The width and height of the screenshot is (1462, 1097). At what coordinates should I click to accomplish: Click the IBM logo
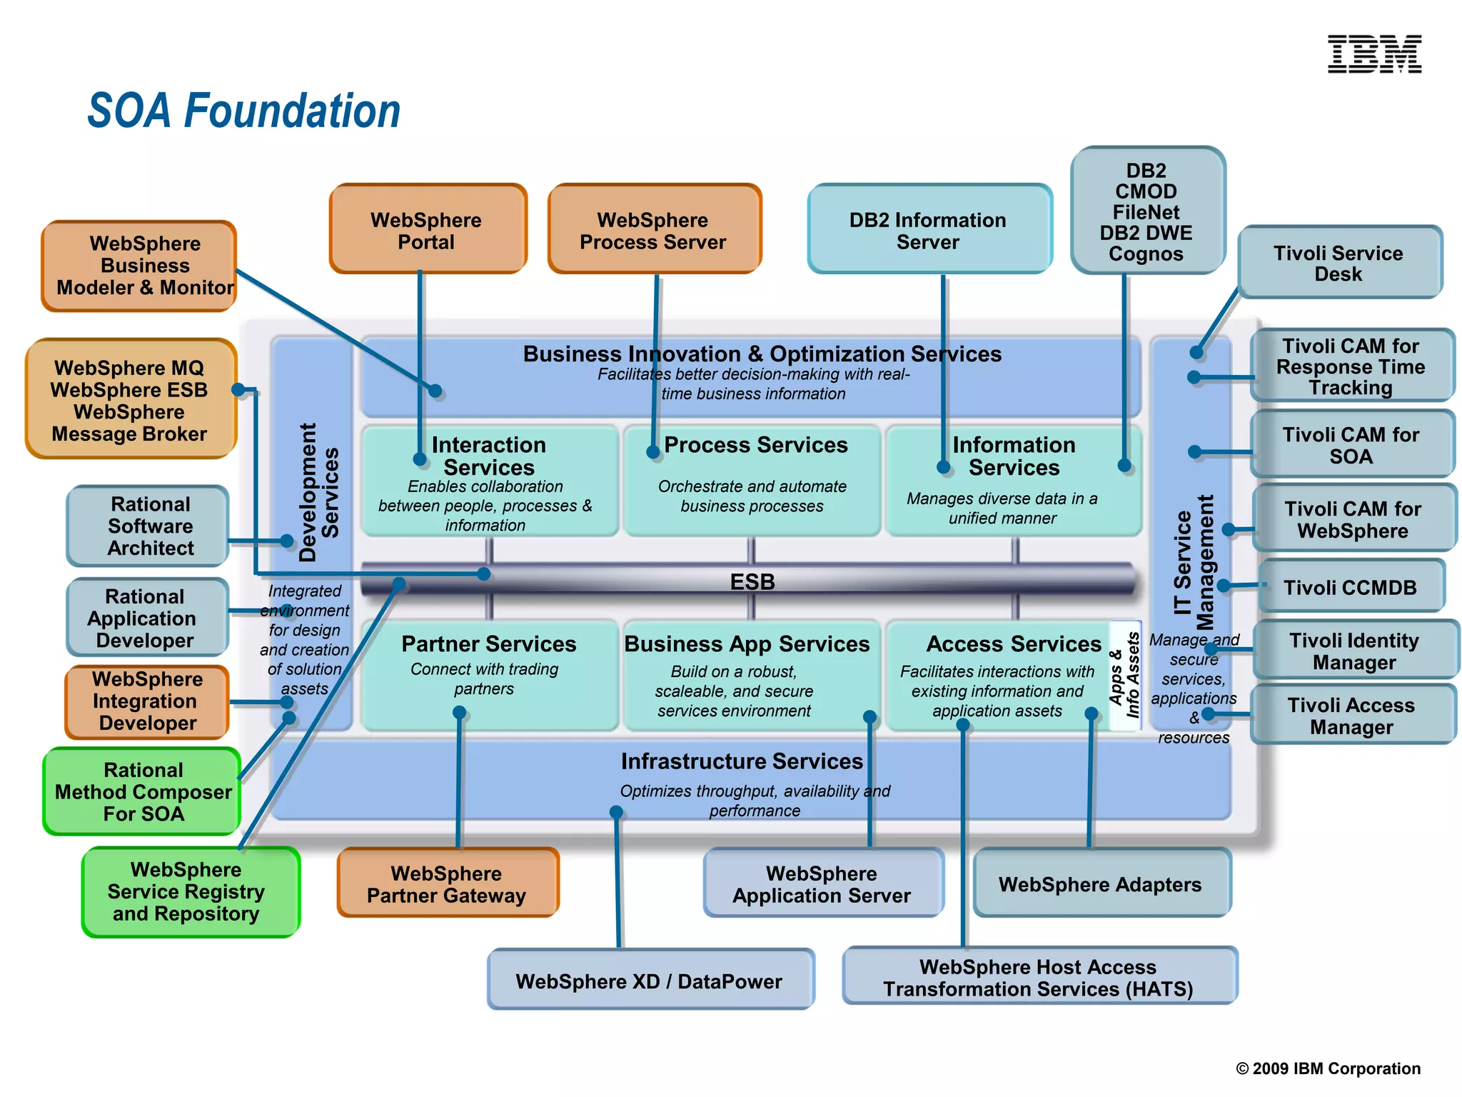pyautogui.click(x=1373, y=54)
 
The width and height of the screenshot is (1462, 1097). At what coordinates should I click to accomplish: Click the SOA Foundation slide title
pyautogui.click(x=243, y=111)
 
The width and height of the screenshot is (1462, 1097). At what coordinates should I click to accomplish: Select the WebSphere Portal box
pyautogui.click(x=427, y=230)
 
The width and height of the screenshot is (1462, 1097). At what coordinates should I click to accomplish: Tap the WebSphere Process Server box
pyautogui.click(x=653, y=230)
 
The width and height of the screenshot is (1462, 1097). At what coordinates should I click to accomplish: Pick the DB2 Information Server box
pyautogui.click(x=928, y=230)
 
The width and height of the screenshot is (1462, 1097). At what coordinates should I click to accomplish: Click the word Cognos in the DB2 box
pyautogui.click(x=1145, y=254)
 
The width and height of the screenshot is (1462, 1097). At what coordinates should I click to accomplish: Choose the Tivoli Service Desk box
pyautogui.click(x=1339, y=263)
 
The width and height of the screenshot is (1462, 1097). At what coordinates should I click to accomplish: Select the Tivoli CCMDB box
pyautogui.click(x=1350, y=587)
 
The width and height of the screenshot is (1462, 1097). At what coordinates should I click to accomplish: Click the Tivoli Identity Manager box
pyautogui.click(x=1354, y=651)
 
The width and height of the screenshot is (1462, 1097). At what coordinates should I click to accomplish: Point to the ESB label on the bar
pyautogui.click(x=752, y=581)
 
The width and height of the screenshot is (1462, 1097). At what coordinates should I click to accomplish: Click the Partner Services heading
pyautogui.click(x=489, y=643)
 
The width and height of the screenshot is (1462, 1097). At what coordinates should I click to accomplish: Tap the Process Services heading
pyautogui.click(x=755, y=445)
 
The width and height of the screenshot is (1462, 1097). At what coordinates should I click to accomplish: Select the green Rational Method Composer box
pyautogui.click(x=143, y=791)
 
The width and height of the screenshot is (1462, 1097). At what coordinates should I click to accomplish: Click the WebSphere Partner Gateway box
pyautogui.click(x=447, y=884)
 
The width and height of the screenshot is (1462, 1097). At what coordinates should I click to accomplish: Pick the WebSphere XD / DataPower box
pyautogui.click(x=649, y=981)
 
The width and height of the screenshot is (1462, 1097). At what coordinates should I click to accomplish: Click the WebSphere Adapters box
pyautogui.click(x=1100, y=884)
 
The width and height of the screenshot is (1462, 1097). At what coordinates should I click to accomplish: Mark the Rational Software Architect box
pyautogui.click(x=150, y=526)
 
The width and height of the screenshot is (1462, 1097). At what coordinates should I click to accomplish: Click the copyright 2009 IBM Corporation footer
pyautogui.click(x=1328, y=1068)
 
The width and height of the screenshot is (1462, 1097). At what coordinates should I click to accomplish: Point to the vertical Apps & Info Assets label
pyautogui.click(x=1124, y=675)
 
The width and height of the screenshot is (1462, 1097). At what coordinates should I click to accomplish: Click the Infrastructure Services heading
pyautogui.click(x=742, y=761)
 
